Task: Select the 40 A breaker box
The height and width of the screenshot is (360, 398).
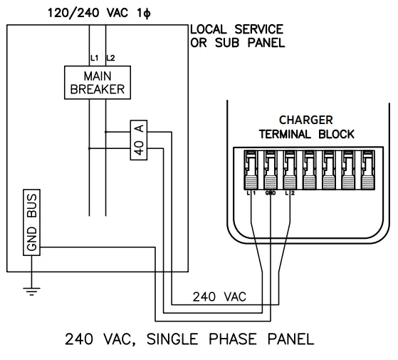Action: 139,139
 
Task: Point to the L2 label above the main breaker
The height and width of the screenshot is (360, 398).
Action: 110,56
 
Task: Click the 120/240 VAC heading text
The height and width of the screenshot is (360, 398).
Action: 91,13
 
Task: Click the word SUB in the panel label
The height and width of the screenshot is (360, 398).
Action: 224,43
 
